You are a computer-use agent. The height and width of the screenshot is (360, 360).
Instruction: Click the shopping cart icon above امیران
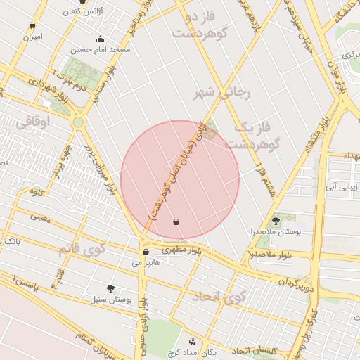point(32,25)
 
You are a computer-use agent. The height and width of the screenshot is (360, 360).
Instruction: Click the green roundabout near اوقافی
point(77,122)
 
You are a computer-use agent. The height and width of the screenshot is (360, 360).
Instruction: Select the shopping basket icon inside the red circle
point(175,221)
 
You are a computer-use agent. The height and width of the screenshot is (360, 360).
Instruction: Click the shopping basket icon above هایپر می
point(146,252)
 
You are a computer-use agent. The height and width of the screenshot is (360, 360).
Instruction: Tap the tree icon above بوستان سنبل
point(110,288)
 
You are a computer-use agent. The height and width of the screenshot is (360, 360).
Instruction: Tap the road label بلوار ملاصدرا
point(269,254)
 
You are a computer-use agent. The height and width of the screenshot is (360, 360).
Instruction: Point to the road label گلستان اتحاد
point(255,350)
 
